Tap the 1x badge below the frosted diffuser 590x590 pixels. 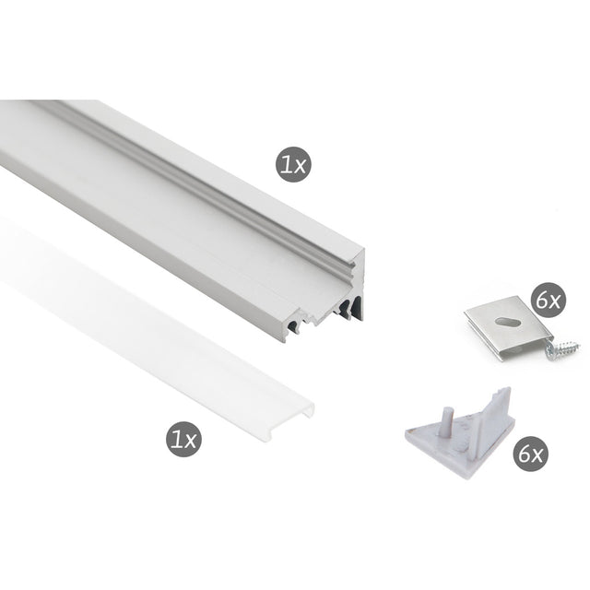184,439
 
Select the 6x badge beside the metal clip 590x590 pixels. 549,301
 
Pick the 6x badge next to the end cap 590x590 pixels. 531,454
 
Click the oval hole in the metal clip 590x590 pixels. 507,322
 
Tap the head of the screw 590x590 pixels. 551,350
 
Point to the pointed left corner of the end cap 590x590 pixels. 406,432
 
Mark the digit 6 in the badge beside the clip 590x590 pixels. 542,301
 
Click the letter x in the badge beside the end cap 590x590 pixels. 537,457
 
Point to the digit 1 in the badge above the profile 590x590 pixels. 288,164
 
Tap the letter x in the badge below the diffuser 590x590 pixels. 190,442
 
